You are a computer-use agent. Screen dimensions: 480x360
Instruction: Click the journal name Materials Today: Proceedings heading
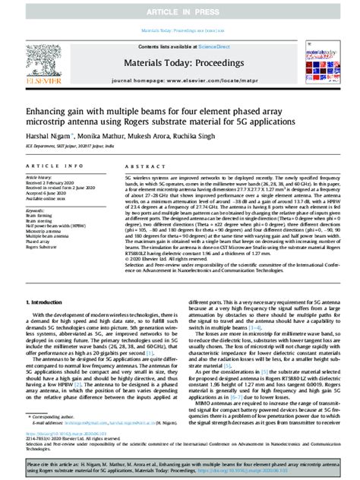tap(180, 62)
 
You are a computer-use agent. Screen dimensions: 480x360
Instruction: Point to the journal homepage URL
tap(206, 80)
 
